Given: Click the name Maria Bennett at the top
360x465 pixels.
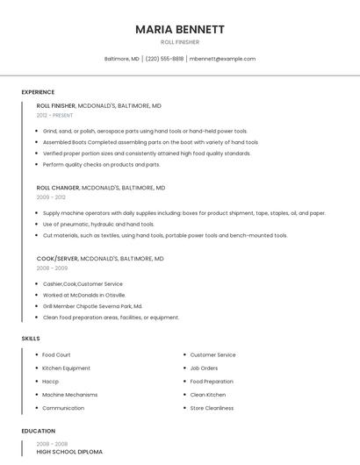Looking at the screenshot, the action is pos(180,29).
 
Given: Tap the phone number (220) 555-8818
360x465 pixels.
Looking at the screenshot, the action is pos(164,59).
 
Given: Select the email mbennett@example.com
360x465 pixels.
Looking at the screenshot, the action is pos(222,59).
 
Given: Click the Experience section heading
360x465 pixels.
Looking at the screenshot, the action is pos(38,92).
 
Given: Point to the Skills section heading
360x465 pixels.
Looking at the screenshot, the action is pos(31,338).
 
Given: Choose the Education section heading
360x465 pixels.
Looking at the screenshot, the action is pos(38,431).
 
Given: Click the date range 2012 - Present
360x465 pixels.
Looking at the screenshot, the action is pos(54,115).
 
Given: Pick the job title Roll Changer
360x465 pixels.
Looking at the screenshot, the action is pos(57,188).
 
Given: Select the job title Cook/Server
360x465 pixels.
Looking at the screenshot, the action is pos(57,259).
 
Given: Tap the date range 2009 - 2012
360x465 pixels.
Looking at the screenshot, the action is pos(50,197).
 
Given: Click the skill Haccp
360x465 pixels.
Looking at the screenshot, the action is pos(51,382).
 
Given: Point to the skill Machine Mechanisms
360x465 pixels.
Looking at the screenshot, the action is pos(70,395).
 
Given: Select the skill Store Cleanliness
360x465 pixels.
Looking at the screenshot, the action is pos(212,408).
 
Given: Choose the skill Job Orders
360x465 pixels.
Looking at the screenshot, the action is pos(204,368).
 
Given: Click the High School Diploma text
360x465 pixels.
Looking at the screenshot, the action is pos(69,452).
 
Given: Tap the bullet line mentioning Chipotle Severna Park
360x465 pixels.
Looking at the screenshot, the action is pos(92,306).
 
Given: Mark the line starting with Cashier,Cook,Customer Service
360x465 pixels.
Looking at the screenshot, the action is pos(83,283).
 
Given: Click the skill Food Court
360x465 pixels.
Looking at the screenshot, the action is pos(57,355).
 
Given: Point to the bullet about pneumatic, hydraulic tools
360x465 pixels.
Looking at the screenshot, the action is pos(98,224).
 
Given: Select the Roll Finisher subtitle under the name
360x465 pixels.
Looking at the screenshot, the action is pos(180,42).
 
